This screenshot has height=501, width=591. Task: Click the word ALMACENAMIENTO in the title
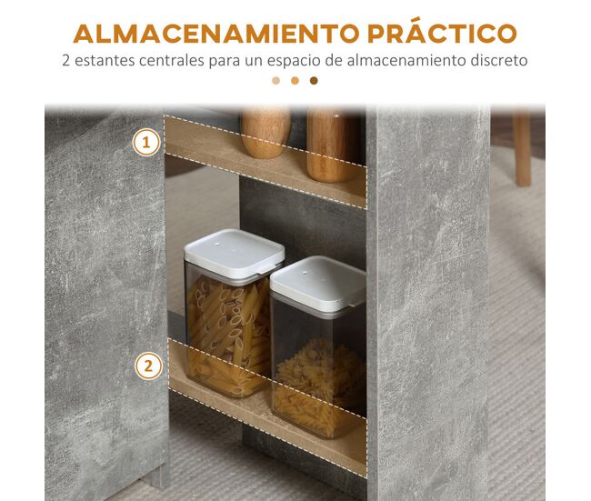click(216, 33)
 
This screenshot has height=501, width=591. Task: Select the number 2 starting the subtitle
click(66, 60)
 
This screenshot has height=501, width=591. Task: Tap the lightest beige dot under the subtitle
click(275, 81)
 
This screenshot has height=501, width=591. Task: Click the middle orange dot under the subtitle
click(295, 81)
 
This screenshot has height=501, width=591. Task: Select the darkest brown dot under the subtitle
click(314, 81)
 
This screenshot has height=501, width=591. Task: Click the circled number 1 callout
click(146, 142)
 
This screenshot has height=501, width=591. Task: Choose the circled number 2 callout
click(148, 366)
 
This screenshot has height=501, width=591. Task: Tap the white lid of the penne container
click(234, 255)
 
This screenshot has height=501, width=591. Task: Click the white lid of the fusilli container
click(318, 283)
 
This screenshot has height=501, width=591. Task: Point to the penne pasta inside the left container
click(228, 336)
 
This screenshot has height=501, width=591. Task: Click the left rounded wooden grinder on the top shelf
click(265, 133)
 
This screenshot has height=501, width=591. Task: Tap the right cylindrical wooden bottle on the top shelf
click(332, 145)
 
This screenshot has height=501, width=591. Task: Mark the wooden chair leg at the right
click(523, 148)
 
